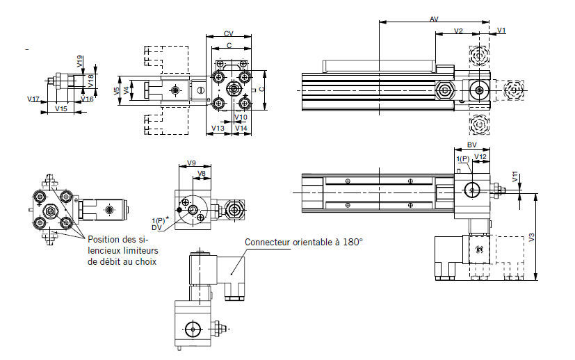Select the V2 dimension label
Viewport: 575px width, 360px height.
(x=459, y=31)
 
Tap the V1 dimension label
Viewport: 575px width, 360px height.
(x=502, y=31)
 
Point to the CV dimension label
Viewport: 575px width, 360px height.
(x=228, y=33)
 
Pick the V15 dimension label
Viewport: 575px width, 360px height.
(x=61, y=108)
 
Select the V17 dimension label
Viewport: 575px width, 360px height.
(x=33, y=99)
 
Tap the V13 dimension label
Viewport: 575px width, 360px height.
(x=218, y=129)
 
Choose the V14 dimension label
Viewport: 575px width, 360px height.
(x=241, y=129)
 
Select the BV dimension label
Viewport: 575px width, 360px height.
(x=471, y=145)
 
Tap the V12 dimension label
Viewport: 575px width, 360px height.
(x=480, y=157)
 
